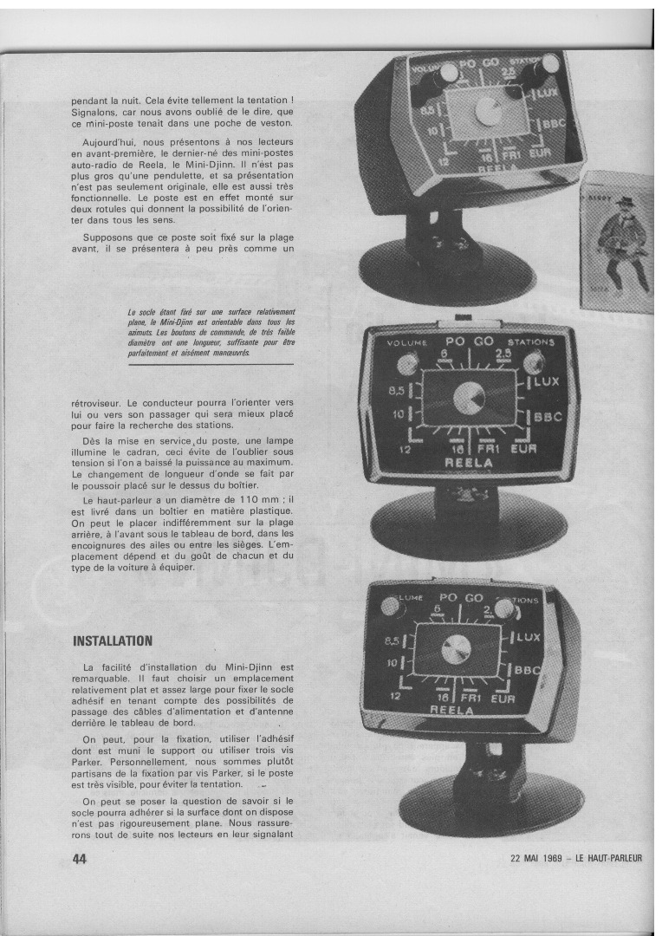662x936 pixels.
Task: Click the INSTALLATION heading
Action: (x=113, y=641)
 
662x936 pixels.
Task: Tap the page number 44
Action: (x=80, y=859)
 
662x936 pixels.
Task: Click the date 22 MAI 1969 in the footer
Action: (x=536, y=859)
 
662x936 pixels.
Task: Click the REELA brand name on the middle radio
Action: (x=469, y=463)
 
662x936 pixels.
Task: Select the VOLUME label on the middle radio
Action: (x=407, y=342)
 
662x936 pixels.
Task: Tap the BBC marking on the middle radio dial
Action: (x=548, y=417)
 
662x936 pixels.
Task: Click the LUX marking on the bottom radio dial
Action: (x=528, y=638)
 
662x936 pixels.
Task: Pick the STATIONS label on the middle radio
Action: (x=530, y=342)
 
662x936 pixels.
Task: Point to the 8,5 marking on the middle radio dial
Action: (x=396, y=391)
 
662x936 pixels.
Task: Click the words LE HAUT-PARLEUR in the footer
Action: (x=609, y=859)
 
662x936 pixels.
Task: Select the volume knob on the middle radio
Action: (x=408, y=363)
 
